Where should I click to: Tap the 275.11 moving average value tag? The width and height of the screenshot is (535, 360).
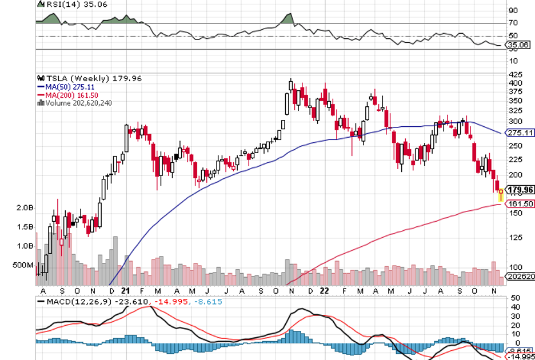520,133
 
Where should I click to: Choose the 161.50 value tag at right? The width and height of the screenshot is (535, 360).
520,203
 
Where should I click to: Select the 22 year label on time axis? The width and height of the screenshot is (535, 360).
324,290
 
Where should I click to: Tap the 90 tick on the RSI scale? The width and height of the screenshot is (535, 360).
513,10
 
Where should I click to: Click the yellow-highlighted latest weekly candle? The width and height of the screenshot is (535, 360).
501,194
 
